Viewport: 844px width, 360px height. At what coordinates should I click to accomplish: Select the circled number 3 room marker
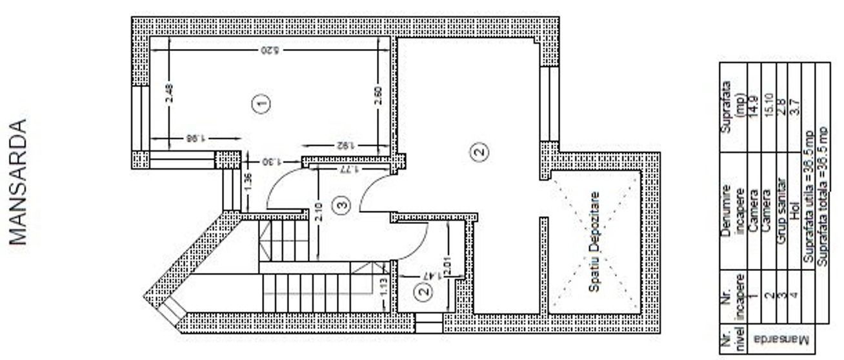(343, 205)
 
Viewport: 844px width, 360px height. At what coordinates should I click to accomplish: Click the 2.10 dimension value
(319, 213)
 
